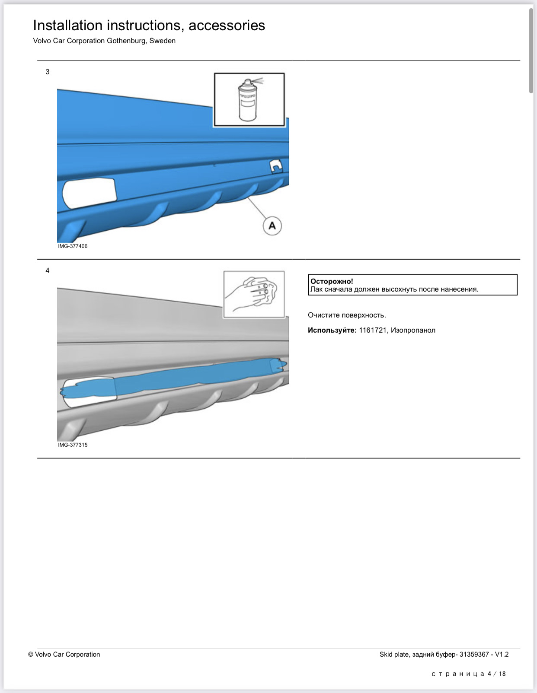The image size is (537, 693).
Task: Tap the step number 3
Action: click(48, 72)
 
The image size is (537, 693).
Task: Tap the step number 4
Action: click(48, 270)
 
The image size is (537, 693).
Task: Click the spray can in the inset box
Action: click(248, 100)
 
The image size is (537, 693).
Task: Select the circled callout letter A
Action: click(272, 226)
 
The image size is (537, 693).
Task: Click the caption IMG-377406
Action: click(73, 246)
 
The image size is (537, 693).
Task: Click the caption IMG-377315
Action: click(73, 445)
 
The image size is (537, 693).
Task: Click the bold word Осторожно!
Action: click(332, 281)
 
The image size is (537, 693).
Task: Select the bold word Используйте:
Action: click(332, 330)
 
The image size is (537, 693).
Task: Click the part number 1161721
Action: click(373, 330)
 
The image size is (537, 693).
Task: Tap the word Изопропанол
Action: click(413, 330)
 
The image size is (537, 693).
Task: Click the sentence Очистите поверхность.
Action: click(347, 315)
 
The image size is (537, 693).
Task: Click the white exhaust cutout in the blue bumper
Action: click(89, 192)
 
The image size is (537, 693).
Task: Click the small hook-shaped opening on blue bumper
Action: click(276, 165)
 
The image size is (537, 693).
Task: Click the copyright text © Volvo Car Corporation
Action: click(64, 654)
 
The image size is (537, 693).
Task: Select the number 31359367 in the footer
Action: click(474, 654)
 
